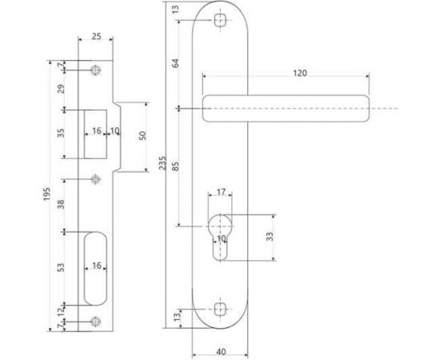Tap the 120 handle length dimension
click(x=299, y=73)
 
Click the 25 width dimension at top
click(x=96, y=37)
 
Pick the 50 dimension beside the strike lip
click(x=143, y=136)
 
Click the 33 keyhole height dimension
click(x=270, y=237)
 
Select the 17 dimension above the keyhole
click(x=222, y=192)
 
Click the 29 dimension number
click(x=62, y=90)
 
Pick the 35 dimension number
click(x=62, y=133)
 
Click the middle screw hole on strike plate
click(x=96, y=178)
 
